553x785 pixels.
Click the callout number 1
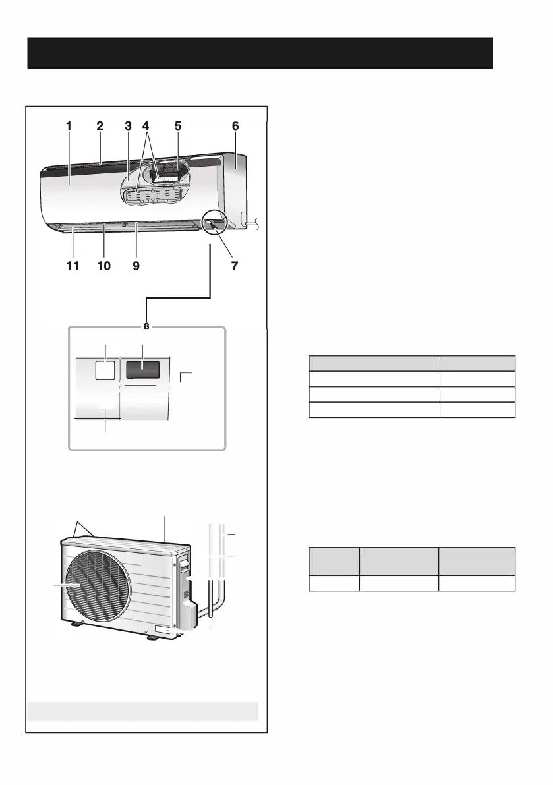[x=69, y=125]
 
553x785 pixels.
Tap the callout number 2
[x=100, y=125]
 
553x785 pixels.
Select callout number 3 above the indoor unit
[x=128, y=125]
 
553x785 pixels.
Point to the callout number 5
[x=177, y=125]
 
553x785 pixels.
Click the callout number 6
[x=235, y=125]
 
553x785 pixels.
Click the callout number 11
[x=73, y=266]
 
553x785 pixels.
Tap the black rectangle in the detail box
[x=143, y=369]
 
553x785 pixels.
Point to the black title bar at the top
[x=260, y=53]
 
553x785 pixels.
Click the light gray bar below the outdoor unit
[x=142, y=712]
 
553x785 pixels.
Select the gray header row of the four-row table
[x=412, y=363]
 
